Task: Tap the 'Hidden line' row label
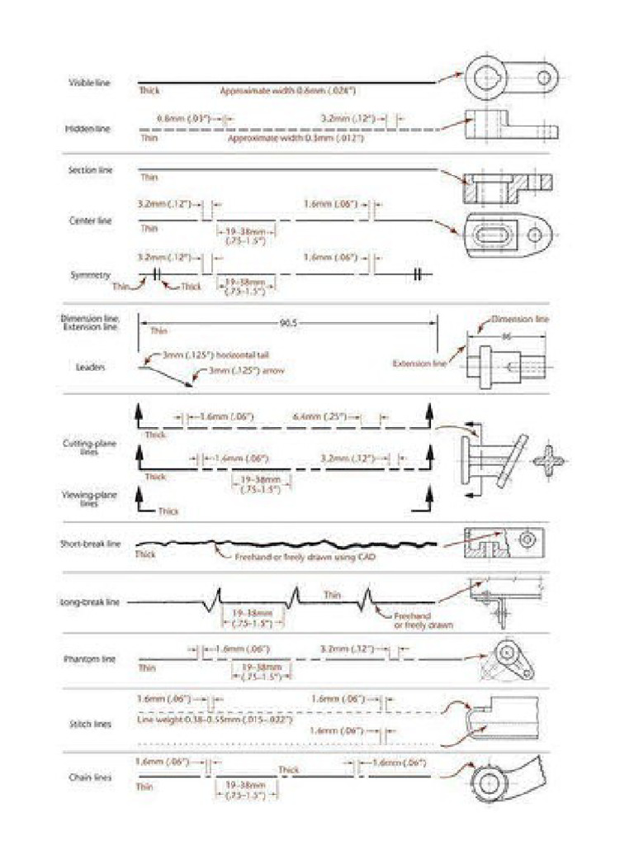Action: pyautogui.click(x=88, y=129)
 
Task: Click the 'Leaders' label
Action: pyautogui.click(x=90, y=366)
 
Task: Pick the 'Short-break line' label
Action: pyautogui.click(x=90, y=544)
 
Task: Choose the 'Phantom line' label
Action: pyautogui.click(x=90, y=659)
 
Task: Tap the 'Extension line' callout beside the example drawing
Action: pyautogui.click(x=419, y=363)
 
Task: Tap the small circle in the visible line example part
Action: pyautogui.click(x=545, y=78)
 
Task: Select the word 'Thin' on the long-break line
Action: pyautogui.click(x=333, y=594)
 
